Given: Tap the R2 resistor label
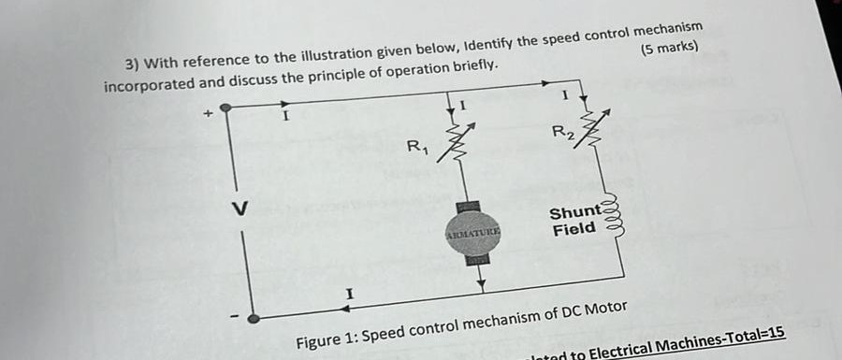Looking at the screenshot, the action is click(x=562, y=132).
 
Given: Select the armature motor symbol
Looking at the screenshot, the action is click(x=474, y=232).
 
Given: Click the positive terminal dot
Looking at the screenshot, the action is click(x=225, y=108).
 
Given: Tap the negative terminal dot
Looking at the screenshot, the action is click(x=253, y=318).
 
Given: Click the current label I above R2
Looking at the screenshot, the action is click(x=564, y=94).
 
